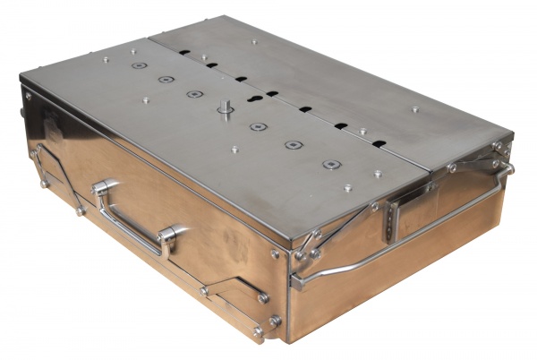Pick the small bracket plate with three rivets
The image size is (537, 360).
coord(391,214)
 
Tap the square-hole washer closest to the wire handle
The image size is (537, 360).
coord(332,165)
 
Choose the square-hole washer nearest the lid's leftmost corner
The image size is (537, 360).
coord(139,64)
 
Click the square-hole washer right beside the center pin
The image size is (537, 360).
coord(258,126)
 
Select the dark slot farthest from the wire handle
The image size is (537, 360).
coord(183,53)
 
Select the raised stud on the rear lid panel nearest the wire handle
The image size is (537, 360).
coord(414,109)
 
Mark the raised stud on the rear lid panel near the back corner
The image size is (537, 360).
coord(255,40)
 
